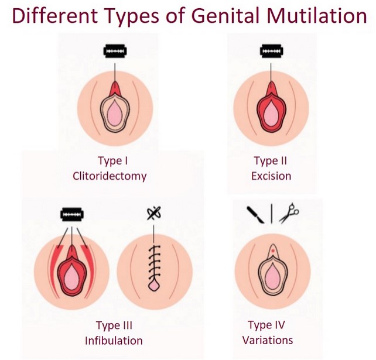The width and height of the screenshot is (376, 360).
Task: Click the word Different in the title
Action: tap(55, 15)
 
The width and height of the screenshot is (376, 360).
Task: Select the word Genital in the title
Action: tap(225, 15)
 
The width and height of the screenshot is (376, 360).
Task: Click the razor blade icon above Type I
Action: tap(115, 51)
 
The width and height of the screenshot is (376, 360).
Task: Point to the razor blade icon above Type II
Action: tap(271, 51)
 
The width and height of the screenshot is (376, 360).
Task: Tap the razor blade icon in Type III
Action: tap(71, 214)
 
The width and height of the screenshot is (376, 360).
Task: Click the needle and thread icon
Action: tap(154, 213)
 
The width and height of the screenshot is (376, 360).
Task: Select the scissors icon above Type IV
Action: tap(289, 213)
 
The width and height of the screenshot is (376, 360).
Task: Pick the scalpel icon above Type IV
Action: tap(255, 215)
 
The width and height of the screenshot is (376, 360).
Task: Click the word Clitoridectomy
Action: tap(110, 176)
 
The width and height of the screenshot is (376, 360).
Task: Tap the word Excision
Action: tap(271, 176)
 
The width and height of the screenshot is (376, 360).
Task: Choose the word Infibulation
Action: tap(114, 341)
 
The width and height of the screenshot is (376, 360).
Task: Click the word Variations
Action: tap(268, 340)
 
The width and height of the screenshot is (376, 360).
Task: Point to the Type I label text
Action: tap(112, 160)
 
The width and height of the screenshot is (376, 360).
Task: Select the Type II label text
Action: tap(271, 160)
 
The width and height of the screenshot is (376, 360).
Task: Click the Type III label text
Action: tap(114, 325)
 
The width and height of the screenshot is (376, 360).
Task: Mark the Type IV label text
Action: tap(266, 325)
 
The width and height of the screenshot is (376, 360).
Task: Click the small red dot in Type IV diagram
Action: tap(273, 251)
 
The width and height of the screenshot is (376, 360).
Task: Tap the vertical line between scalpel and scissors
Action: tap(271, 213)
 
